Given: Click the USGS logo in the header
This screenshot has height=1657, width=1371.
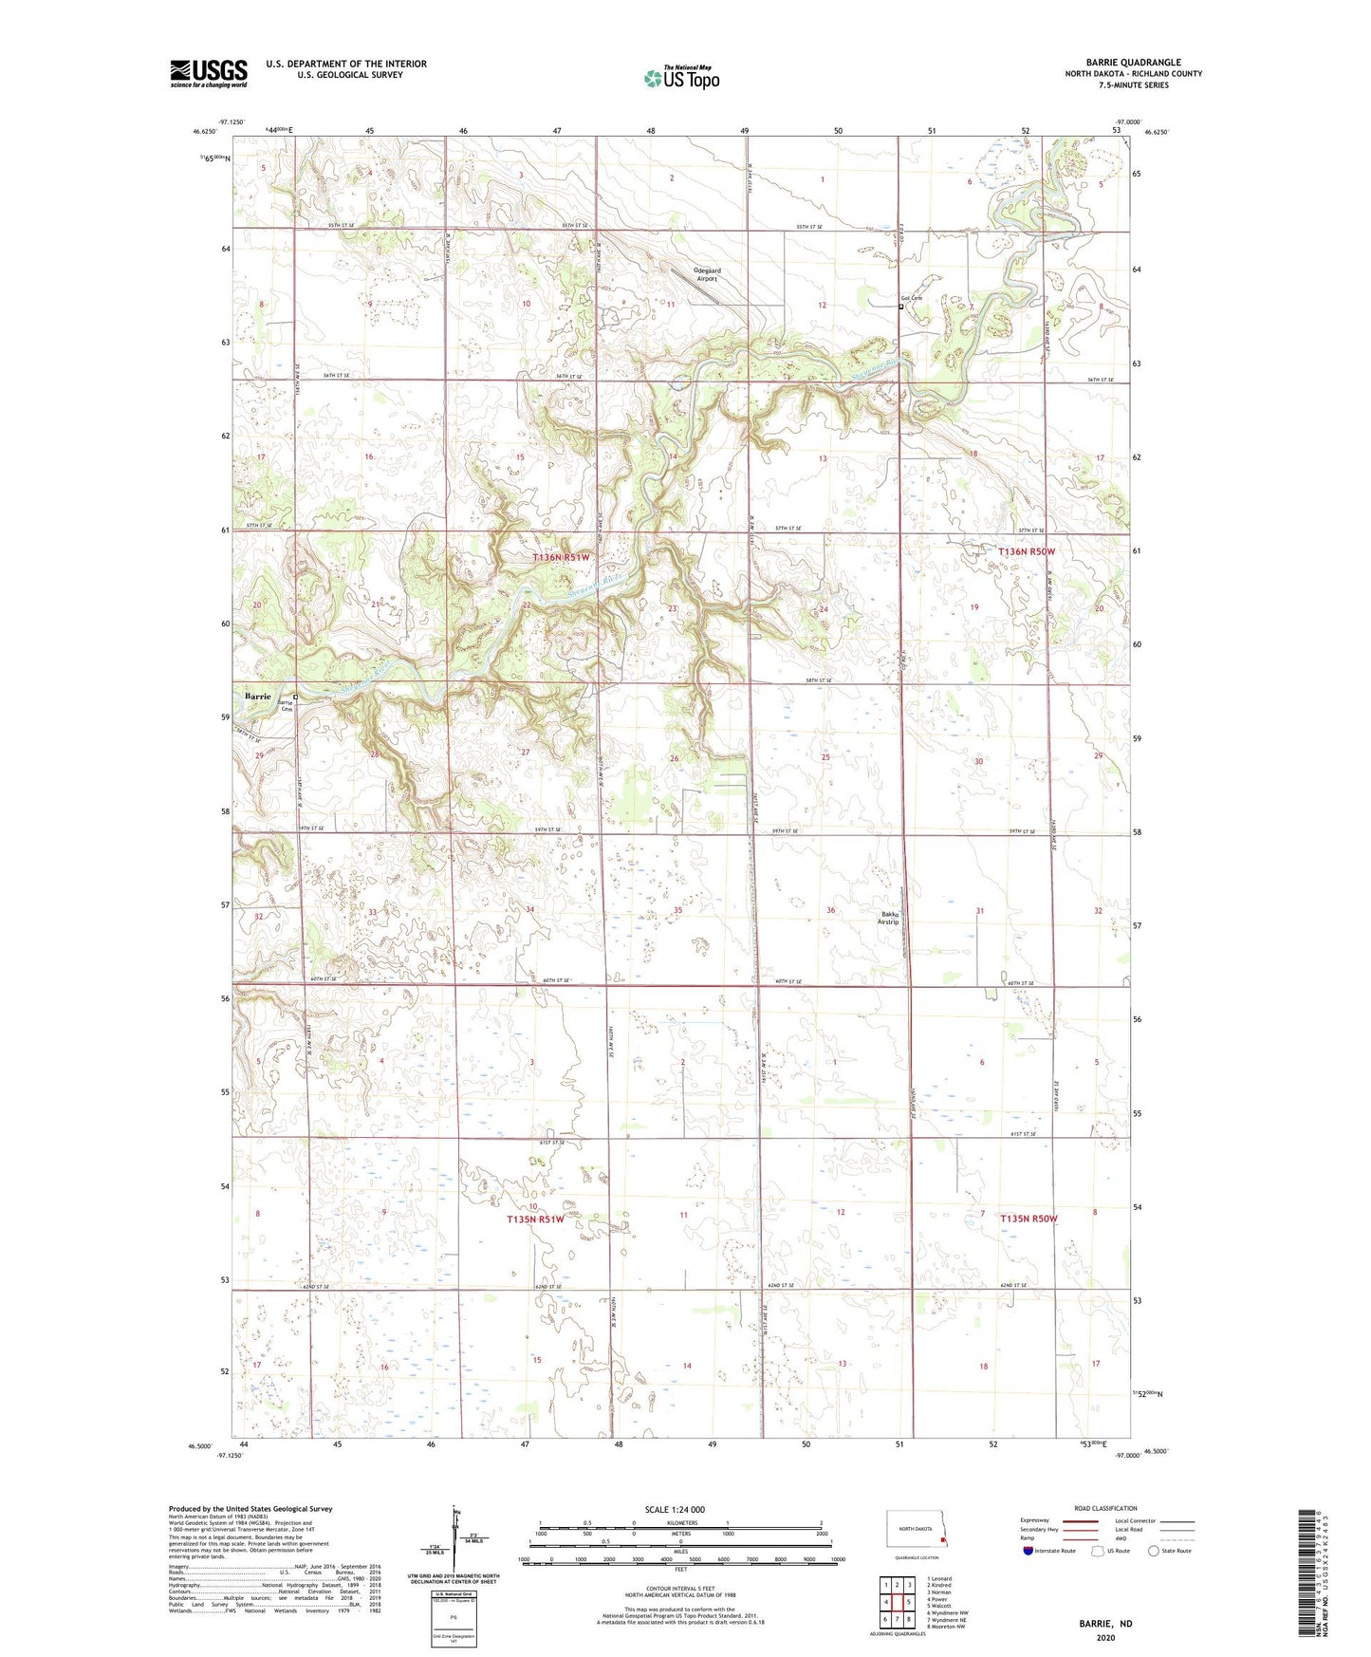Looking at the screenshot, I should click(209, 73).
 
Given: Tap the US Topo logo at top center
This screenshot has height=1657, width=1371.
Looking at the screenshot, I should click(681, 78).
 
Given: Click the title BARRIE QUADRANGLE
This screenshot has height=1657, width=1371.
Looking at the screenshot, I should click(1133, 63).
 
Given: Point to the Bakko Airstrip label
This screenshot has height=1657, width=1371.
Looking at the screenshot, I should click(887, 919).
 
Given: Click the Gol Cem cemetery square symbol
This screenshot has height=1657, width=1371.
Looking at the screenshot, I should click(900, 307).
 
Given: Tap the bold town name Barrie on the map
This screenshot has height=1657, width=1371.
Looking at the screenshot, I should click(257, 697).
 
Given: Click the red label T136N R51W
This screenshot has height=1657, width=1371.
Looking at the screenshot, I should click(560, 558).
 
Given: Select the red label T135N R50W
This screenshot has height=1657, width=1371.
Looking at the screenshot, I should click(1028, 1219).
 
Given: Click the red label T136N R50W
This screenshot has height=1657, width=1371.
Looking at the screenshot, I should click(1027, 551).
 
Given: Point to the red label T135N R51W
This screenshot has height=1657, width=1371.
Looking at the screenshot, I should click(535, 1219).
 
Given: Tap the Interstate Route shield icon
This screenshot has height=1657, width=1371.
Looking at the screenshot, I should click(1028, 1551).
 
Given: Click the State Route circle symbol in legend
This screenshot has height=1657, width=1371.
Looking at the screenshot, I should click(1154, 1551).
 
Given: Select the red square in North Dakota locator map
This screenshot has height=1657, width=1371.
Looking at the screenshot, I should click(942, 1542).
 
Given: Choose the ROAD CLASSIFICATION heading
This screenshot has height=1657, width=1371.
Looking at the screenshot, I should click(1105, 1508).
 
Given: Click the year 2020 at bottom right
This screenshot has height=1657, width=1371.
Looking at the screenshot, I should click(1105, 1638).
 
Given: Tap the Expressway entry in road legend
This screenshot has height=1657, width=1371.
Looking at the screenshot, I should click(1034, 1520).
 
